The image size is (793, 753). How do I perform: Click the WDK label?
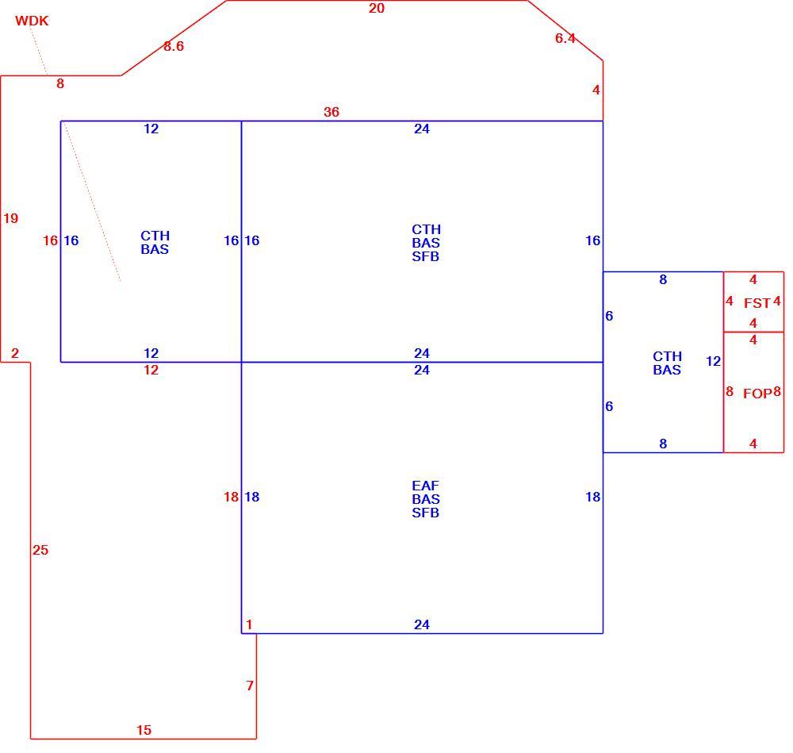[32, 21]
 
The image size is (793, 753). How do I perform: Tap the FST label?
[757, 303]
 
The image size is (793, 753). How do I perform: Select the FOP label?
[757, 394]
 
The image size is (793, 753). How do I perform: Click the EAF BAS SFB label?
[425, 499]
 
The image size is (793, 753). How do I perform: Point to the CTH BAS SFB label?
[426, 243]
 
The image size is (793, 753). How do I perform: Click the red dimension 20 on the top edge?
[376, 8]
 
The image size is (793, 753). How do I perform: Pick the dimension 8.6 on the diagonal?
[174, 46]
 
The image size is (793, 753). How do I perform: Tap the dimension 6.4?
[565, 38]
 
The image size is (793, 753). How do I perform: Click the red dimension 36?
[331, 112]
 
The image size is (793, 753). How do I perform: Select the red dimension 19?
[10, 218]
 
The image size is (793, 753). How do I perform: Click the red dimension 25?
[40, 550]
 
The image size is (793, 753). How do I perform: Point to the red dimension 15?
[144, 730]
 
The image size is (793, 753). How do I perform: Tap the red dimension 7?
[249, 686]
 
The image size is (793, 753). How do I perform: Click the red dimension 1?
[249, 624]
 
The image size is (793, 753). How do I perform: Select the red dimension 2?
[14, 353]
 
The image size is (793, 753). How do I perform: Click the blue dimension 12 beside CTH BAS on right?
[713, 361]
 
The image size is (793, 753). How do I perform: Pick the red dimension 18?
[231, 497]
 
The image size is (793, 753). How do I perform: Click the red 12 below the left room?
[151, 370]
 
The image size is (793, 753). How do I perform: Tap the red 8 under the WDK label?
[60, 83]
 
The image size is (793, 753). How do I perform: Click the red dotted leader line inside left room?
[92, 202]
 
